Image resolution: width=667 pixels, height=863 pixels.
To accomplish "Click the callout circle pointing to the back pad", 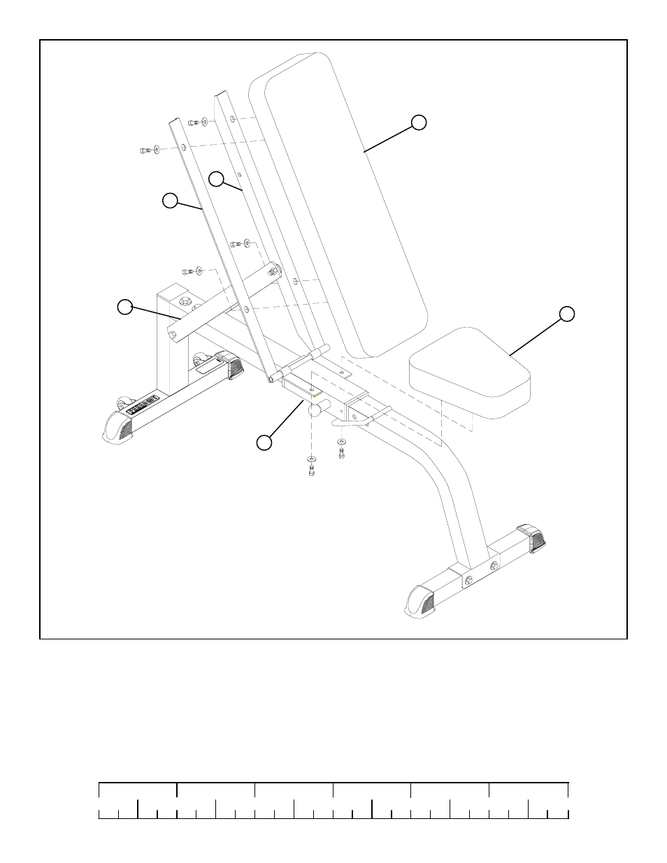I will tap(418, 122).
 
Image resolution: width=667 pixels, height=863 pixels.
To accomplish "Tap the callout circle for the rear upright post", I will tap(124, 307).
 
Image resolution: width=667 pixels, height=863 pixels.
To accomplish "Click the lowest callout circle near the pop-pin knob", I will tap(263, 442).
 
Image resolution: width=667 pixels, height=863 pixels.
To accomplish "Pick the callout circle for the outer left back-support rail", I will tap(170, 201).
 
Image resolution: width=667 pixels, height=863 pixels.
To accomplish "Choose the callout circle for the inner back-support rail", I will tap(217, 179).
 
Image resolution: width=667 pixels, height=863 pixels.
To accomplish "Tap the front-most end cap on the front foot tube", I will tap(422, 600).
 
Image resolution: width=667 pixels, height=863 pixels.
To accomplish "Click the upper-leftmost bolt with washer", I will tap(145, 149).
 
